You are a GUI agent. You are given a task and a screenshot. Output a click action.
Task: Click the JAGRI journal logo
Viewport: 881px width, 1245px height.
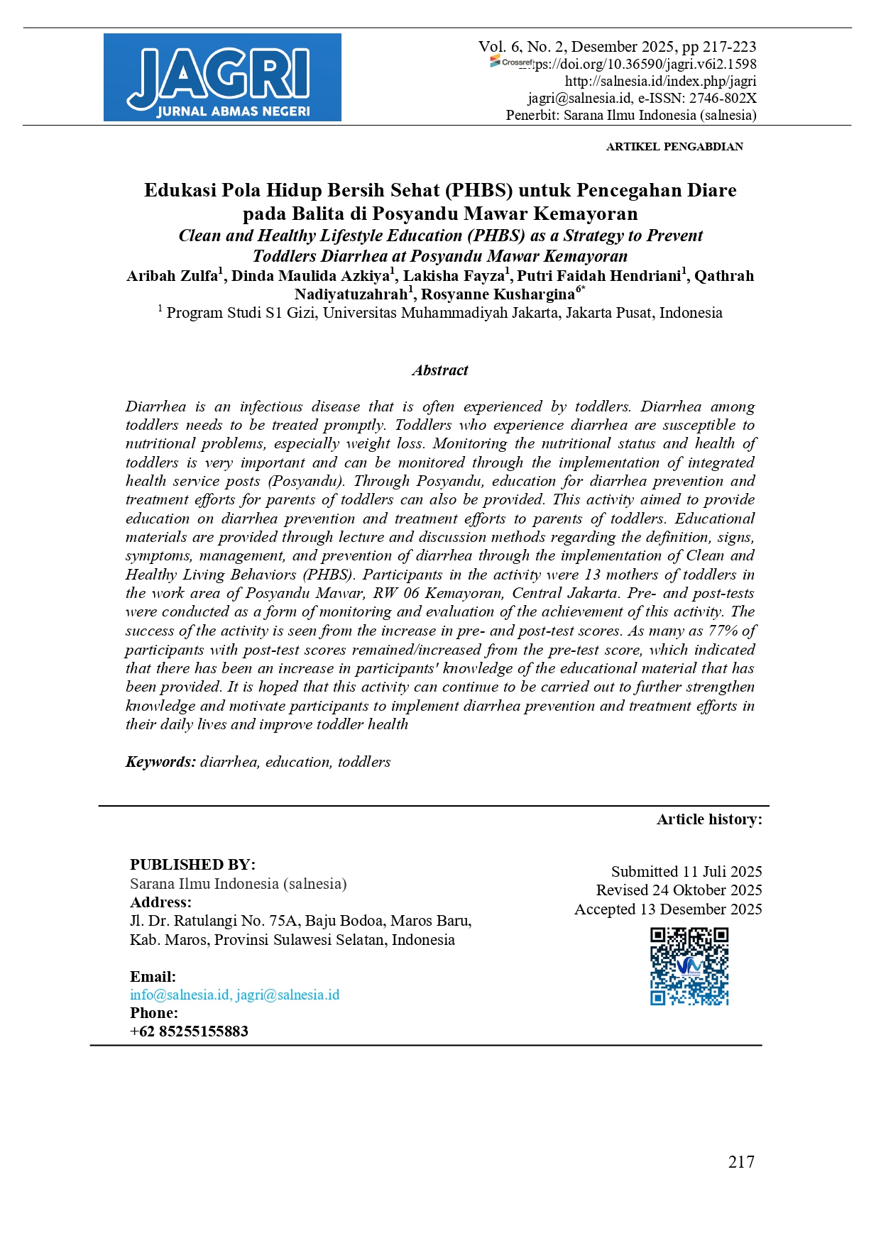222,77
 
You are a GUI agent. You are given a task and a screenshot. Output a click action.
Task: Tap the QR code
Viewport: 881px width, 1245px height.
689,967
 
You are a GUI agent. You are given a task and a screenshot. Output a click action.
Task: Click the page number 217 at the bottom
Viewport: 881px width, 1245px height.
741,1161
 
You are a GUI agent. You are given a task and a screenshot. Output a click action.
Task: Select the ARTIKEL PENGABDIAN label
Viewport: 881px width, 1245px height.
674,147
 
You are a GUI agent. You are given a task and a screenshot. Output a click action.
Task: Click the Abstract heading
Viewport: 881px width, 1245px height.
440,370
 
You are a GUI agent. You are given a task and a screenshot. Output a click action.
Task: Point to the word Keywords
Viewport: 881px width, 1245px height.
160,762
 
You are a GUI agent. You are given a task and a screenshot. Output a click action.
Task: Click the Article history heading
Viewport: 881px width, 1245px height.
709,819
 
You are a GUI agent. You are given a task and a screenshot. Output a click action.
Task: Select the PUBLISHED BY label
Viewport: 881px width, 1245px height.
192,865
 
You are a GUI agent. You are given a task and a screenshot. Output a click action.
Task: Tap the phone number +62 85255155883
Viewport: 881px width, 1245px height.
189,1031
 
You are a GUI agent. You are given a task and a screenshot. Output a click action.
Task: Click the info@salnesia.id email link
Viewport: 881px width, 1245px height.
180,995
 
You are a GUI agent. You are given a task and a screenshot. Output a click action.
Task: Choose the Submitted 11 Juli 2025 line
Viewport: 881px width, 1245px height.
686,871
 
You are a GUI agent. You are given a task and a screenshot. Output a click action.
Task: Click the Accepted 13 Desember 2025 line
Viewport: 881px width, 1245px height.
668,909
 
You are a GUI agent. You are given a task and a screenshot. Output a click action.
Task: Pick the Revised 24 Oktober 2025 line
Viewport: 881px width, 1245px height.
679,890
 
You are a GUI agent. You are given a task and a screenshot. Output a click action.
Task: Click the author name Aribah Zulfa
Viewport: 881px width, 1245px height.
172,276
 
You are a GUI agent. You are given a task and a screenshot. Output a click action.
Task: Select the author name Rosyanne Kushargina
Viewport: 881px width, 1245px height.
498,294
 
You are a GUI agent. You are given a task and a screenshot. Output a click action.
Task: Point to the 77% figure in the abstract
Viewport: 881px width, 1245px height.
723,631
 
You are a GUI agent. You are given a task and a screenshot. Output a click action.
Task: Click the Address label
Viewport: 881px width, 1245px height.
160,902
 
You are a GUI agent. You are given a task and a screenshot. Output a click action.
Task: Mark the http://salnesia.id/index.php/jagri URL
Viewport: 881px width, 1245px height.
660,82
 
